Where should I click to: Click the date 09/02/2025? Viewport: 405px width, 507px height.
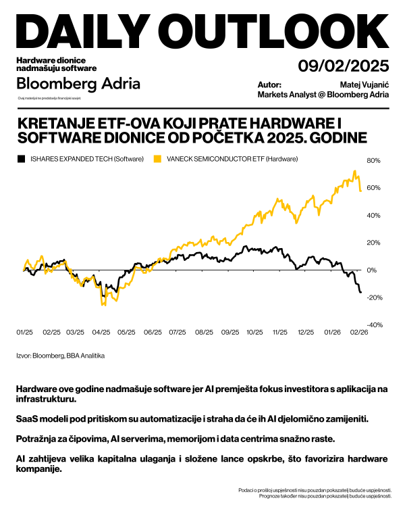(x=344, y=66)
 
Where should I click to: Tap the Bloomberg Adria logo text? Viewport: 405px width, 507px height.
(x=78, y=84)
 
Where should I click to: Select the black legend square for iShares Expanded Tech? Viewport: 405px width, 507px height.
(x=21, y=159)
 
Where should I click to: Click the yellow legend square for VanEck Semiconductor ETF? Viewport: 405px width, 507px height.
(x=157, y=159)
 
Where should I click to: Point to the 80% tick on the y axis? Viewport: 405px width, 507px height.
(x=373, y=161)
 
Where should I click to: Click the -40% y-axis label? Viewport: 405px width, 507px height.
(x=373, y=324)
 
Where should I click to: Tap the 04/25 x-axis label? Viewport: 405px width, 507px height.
(x=101, y=333)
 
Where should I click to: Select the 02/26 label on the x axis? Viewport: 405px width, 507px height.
(x=359, y=333)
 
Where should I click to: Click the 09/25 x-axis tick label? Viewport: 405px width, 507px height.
(x=230, y=333)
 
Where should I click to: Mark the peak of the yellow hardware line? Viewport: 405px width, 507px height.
(x=355, y=171)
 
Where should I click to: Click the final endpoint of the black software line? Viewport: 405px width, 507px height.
(x=360, y=292)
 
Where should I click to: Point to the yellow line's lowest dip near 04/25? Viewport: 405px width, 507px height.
(x=103, y=306)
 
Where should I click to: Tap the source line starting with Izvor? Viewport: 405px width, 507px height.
(x=60, y=355)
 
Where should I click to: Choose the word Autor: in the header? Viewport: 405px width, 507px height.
(x=269, y=85)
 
